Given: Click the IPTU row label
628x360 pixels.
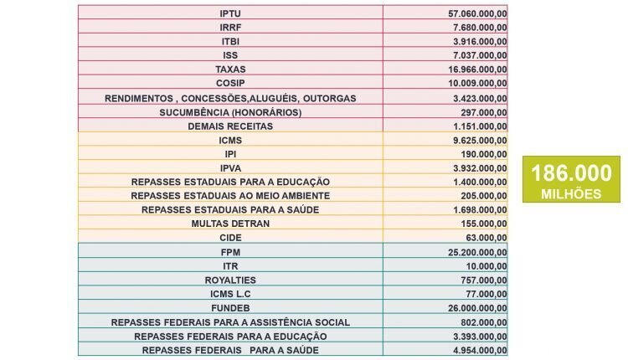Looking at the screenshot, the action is tap(230, 13).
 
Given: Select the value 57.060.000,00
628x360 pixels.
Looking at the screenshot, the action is tap(477, 13).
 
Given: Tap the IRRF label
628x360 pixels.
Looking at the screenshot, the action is tap(230, 28).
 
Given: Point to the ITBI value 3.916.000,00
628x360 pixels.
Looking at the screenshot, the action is tap(480, 42).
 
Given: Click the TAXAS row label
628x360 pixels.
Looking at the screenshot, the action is tap(230, 69).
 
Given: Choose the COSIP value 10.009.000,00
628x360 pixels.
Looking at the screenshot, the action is tap(477, 83).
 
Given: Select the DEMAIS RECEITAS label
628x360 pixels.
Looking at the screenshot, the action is tap(230, 126).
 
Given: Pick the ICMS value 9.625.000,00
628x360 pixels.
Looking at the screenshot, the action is tap(480, 141).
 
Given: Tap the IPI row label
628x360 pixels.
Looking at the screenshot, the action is tap(230, 154).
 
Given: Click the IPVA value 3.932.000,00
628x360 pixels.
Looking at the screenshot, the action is tap(480, 168).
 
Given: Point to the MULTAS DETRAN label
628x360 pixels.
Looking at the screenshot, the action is tap(230, 224).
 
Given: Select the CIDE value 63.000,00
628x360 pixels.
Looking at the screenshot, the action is tap(486, 238).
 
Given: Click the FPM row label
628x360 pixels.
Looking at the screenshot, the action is tap(230, 252).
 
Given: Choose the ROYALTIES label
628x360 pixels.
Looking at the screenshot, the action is tap(230, 280).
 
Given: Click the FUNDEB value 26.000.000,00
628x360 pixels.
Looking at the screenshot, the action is tap(477, 308).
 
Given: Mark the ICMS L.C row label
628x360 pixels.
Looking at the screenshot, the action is tap(230, 294).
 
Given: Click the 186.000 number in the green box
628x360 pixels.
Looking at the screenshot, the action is tap(572, 173).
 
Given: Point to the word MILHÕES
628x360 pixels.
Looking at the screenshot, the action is tap(572, 194).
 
